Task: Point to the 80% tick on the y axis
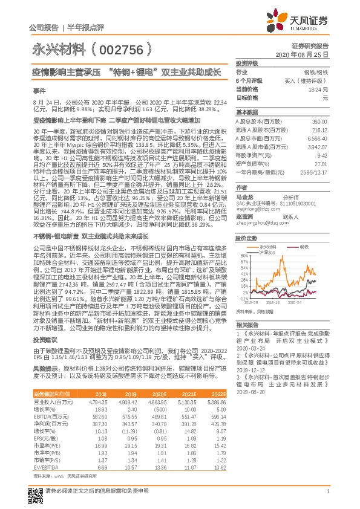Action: [x=242, y=256]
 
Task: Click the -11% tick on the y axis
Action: [x=242, y=299]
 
